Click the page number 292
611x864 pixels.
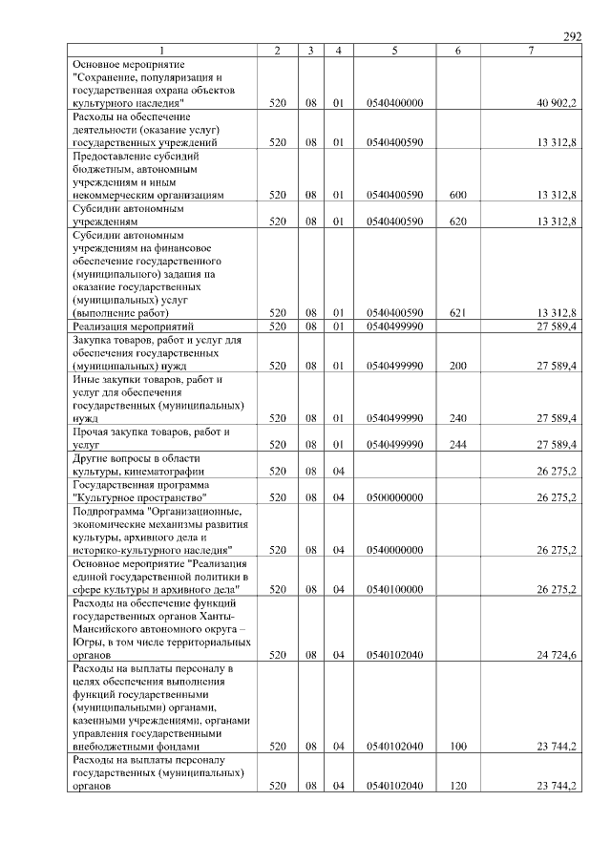point(573,36)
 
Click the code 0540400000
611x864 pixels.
point(394,102)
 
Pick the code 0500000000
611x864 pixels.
point(394,497)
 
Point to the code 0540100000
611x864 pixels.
point(394,589)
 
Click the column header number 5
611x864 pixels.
point(394,51)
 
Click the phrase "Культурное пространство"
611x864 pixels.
point(139,497)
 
